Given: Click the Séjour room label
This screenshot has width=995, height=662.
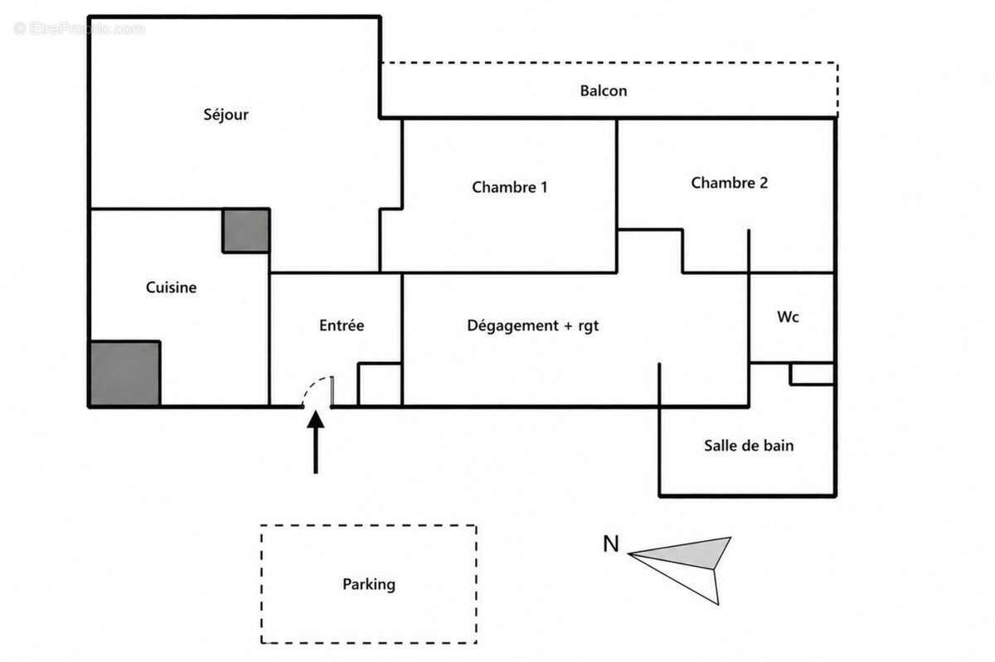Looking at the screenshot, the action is tap(226, 114).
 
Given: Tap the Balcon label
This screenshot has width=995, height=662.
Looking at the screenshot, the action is tap(604, 90).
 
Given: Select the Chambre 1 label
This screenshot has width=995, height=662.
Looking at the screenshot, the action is tap(509, 187).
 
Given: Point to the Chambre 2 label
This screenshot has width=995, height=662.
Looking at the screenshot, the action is tap(729, 182).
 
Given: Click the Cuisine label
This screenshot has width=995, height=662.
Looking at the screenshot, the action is tap(171, 288).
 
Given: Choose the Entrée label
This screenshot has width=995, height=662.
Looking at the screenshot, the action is tap(342, 326).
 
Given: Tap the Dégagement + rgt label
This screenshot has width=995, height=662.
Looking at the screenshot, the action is tap(532, 326).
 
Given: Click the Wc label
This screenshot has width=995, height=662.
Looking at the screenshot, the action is tap(788, 317).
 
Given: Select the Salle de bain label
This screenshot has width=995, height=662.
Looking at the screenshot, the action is tap(749, 445).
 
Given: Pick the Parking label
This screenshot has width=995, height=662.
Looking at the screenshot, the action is tap(369, 584).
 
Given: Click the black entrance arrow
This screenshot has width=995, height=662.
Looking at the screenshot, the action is tap(315, 442).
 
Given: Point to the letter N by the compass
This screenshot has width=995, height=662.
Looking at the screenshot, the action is tap(611, 544).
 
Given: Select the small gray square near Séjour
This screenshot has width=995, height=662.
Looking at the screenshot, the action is tap(246, 231).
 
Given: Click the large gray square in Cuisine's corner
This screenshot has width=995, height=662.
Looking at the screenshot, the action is tap(125, 374).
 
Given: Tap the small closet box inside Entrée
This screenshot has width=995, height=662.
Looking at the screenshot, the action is tap(380, 384).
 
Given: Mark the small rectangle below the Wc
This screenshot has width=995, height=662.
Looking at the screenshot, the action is tap(812, 374).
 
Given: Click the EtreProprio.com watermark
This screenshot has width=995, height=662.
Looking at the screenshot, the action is tap(79, 28).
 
